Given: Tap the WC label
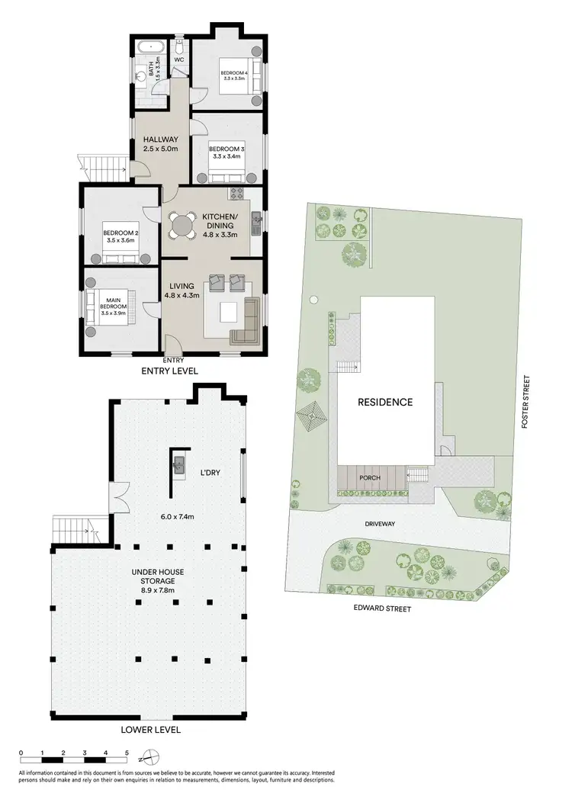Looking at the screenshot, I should click(179, 59).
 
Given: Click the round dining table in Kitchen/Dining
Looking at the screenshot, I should click(182, 224).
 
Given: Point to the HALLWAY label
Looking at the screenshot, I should click(160, 140).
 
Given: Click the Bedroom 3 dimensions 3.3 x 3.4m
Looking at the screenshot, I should click(225, 156).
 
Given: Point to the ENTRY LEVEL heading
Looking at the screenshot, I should click(169, 371).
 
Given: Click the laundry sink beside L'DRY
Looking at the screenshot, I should click(180, 464).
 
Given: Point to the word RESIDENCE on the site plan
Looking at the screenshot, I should click(386, 402).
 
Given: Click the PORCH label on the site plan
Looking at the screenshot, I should click(369, 477).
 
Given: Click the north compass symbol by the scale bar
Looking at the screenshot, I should click(152, 757).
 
